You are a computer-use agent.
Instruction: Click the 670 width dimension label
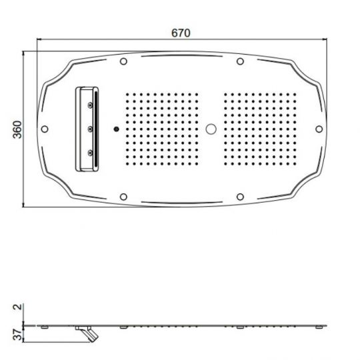point(181,33)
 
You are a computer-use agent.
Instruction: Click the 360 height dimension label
point(17,130)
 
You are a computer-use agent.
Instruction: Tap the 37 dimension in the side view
point(18,335)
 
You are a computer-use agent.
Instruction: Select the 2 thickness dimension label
point(18,307)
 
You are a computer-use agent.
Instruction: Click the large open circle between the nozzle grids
point(211,129)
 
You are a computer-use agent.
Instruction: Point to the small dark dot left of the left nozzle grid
point(117,129)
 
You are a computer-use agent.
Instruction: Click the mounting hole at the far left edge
point(45,129)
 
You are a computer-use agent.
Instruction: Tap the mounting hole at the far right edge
point(319,129)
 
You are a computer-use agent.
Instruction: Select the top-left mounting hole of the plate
point(123,61)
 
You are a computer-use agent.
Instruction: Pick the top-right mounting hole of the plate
point(240,61)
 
